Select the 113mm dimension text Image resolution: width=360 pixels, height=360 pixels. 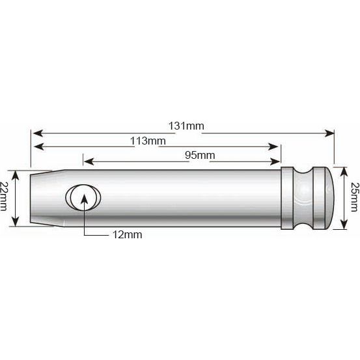(148, 141)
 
